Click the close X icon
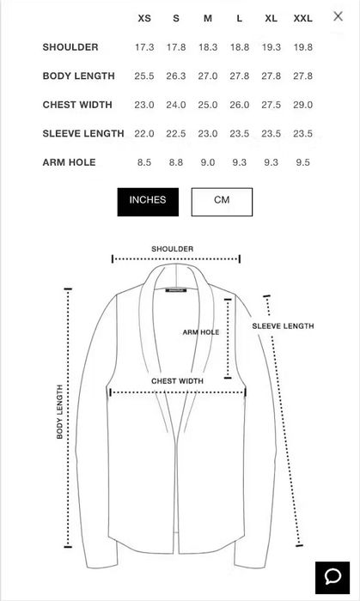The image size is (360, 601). [338, 16]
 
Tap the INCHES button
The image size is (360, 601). [148, 202]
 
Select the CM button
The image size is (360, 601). [222, 202]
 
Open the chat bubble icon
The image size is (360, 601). [333, 578]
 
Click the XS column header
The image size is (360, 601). [144, 18]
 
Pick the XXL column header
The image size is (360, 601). [303, 18]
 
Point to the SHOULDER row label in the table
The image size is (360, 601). [70, 47]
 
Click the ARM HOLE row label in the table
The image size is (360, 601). [69, 162]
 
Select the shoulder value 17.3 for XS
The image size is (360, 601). [144, 47]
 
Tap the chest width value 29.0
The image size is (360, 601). [303, 105]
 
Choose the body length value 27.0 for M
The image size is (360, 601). [207, 76]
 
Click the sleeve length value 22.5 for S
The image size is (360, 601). [176, 133]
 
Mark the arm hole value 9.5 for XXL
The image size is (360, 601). [303, 162]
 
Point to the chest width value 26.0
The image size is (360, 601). [239, 105]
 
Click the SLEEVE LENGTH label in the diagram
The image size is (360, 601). [283, 326]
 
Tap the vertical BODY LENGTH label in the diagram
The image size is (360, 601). [59, 411]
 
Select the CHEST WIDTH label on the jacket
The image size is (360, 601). [177, 381]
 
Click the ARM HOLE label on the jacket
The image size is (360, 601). [201, 332]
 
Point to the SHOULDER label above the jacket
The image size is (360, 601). [172, 249]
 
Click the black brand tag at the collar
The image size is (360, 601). [176, 290]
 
